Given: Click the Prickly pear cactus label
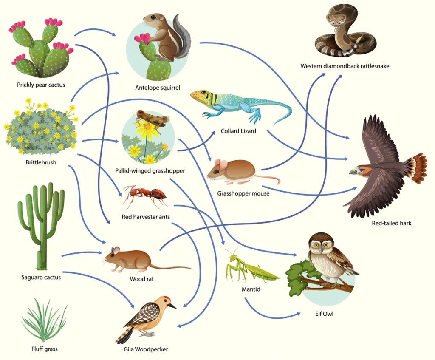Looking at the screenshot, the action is [x=41, y=85].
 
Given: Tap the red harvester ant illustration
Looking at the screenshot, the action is [x=145, y=196].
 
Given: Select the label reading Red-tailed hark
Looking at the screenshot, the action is [x=391, y=223].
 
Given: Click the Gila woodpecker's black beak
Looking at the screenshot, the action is [x=172, y=305].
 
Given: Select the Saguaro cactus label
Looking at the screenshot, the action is [x=41, y=277].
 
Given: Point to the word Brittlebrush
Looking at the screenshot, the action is [x=41, y=162].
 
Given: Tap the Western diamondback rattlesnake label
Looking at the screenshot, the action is [x=345, y=66].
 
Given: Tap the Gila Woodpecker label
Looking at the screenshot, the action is [x=146, y=349].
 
